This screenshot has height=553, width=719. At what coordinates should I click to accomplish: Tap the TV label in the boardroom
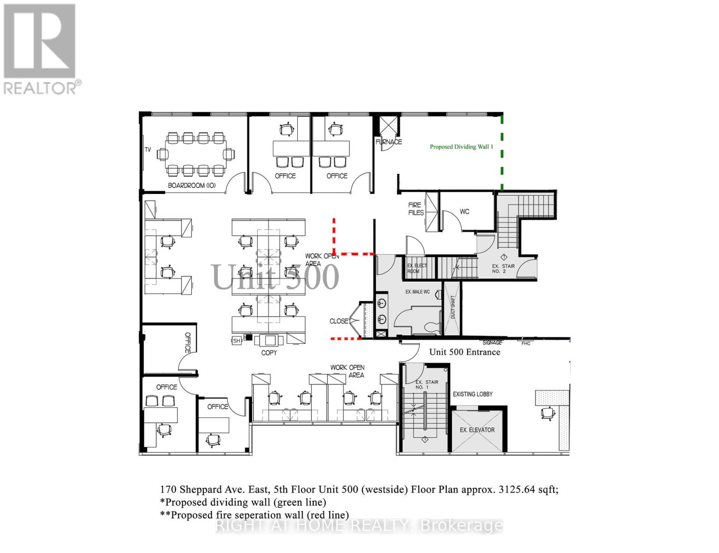tap(148, 150)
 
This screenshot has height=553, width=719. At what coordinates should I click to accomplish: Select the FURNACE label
tap(389, 142)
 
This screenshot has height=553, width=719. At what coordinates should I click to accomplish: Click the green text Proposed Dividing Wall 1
tap(461, 147)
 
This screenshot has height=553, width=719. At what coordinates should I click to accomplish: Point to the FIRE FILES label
tap(416, 209)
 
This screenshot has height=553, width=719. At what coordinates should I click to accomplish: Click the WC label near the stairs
tap(465, 212)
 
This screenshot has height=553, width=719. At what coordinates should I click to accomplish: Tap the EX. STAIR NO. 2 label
tap(502, 269)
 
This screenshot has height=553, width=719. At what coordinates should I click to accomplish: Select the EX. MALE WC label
tap(418, 292)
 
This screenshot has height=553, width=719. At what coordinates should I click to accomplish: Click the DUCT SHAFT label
tap(453, 306)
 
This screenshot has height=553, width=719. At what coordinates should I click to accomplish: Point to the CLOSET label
tap(339, 321)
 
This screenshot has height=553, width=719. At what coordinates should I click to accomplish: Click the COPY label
tap(269, 353)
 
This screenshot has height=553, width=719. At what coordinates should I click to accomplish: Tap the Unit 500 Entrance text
tap(465, 352)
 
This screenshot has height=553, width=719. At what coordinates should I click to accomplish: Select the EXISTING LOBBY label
tap(472, 394)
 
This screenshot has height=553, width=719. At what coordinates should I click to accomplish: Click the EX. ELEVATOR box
tap(477, 430)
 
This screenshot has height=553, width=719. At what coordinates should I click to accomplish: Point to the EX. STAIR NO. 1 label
tap(427, 384)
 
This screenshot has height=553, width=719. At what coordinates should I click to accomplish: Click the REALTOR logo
tap(41, 48)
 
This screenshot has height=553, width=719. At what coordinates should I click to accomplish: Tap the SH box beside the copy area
tap(236, 341)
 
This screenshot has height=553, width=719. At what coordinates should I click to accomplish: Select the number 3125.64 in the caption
tap(517, 489)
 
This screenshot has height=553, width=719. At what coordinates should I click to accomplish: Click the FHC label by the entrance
tap(525, 343)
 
